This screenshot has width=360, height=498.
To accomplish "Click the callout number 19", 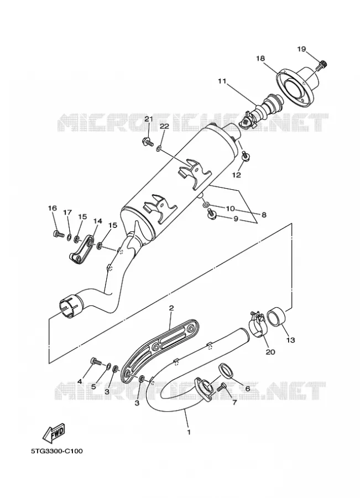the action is (301, 49).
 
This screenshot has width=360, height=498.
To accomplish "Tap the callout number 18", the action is (260, 59).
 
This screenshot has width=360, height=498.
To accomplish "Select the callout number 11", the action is (222, 81).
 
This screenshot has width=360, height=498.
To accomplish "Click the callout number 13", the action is (290, 340).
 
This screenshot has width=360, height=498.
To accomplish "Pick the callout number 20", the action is (270, 352).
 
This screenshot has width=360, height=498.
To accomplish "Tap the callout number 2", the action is (171, 308).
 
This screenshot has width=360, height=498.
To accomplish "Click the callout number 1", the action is (189, 432).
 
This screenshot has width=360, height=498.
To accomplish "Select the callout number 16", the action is (53, 208).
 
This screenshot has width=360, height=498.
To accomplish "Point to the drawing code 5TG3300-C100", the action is (57, 451).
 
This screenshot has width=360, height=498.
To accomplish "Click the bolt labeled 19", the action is (323, 65).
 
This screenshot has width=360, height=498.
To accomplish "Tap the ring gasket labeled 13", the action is (275, 317).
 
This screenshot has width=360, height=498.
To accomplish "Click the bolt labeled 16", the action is (58, 235).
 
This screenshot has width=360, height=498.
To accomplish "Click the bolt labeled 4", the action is (95, 361).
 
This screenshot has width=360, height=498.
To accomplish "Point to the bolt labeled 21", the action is (147, 142).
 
